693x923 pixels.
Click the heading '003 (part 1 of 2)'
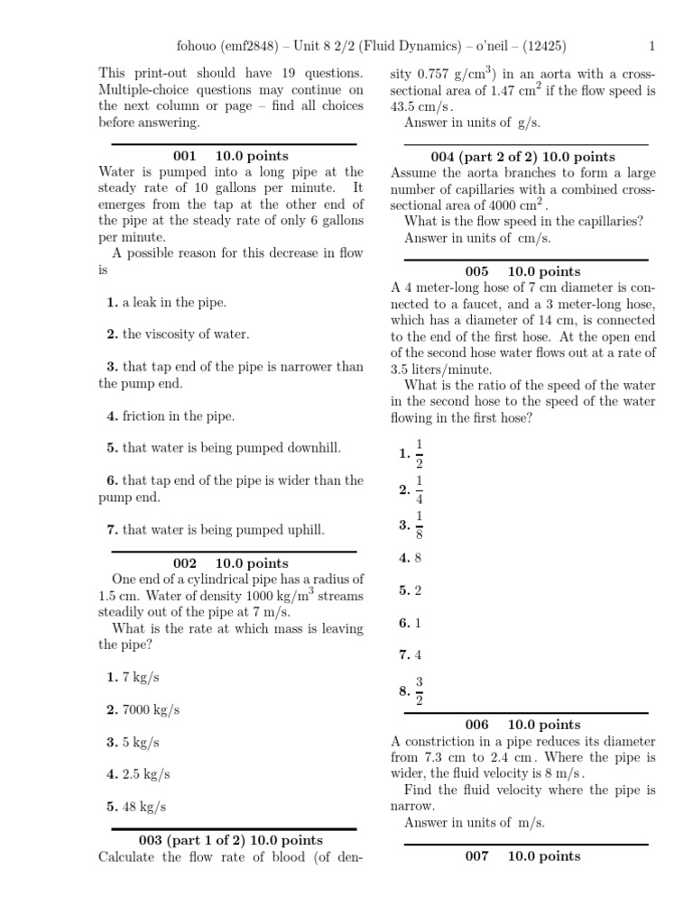(151, 840)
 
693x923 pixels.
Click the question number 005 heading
(476, 271)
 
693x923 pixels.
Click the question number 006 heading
(476, 725)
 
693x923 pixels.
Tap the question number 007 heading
(476, 856)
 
